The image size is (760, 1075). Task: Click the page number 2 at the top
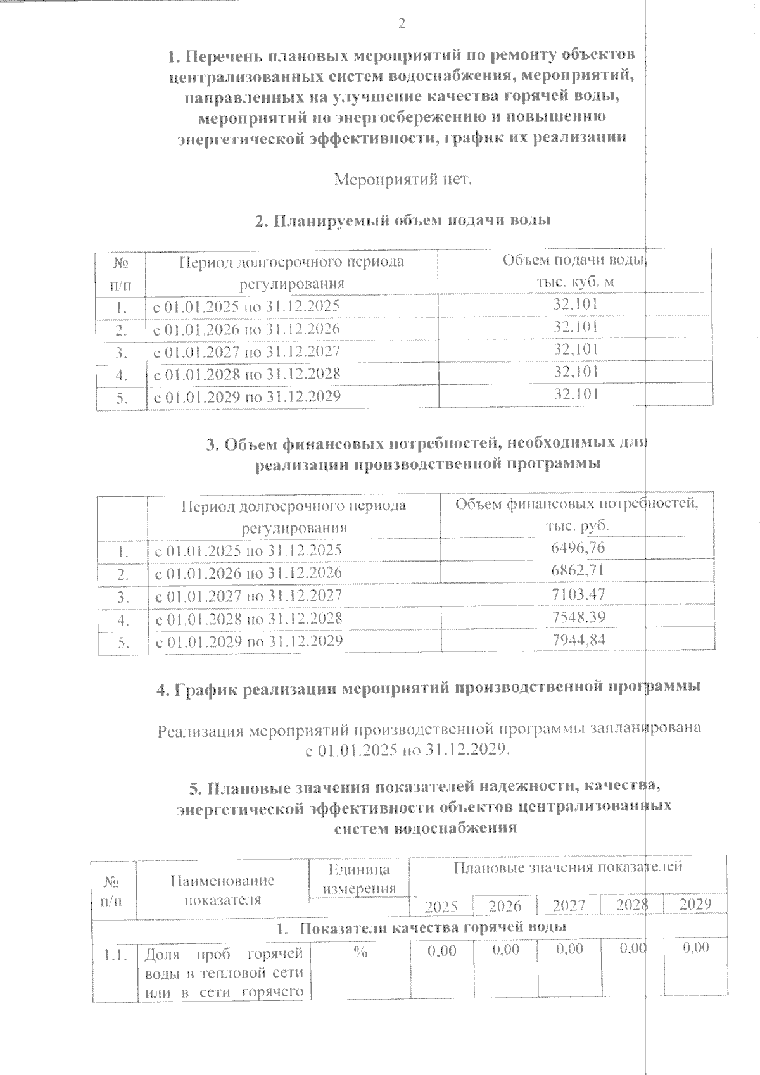coord(401,25)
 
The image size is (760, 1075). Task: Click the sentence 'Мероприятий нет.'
coord(403,179)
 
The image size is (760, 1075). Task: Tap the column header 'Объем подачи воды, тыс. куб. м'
coord(575,271)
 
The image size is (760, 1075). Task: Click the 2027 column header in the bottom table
coord(569,905)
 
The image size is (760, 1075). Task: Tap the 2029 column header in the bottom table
coord(695,904)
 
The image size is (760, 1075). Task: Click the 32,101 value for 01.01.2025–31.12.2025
coord(575,305)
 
